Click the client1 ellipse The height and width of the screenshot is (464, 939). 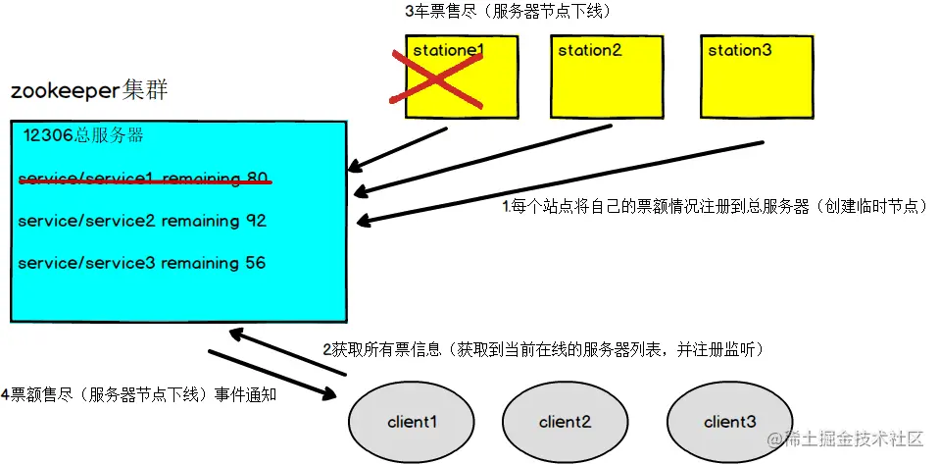412,422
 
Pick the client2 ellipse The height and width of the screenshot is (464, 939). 565,422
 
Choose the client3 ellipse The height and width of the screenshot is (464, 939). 729,422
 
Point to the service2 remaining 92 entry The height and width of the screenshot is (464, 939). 142,222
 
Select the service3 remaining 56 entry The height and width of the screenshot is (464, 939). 142,264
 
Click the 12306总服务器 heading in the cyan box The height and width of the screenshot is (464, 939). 84,137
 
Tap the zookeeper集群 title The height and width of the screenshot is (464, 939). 89,92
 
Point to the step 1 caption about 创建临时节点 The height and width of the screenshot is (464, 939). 715,207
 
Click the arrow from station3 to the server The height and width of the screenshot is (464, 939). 559,183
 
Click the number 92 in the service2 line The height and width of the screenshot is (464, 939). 256,222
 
